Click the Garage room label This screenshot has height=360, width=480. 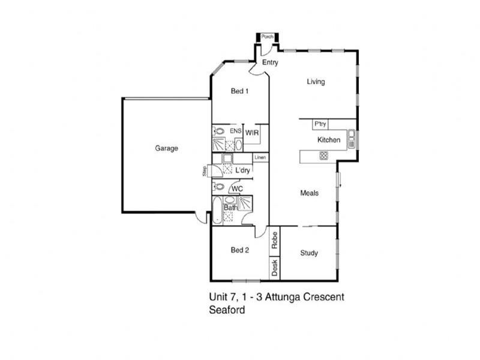166,148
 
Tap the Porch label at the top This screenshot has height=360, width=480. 267,37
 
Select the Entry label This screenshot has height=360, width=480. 270,62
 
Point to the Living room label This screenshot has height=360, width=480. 316,82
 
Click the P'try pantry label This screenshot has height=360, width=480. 320,124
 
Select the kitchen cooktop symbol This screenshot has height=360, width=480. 323,155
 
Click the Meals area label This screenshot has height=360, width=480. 309,193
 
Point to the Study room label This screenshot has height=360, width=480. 309,253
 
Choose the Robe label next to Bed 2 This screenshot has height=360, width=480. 275,241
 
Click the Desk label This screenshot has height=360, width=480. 275,268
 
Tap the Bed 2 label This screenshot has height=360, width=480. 239,250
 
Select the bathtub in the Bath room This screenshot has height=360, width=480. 217,210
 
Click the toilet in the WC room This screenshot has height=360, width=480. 218,186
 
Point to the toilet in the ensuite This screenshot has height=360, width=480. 218,131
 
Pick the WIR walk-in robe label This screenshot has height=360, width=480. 252,133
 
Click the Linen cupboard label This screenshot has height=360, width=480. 260,157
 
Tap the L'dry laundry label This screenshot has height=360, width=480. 242,170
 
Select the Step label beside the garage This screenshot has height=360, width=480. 204,171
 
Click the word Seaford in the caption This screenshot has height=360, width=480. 227,310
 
